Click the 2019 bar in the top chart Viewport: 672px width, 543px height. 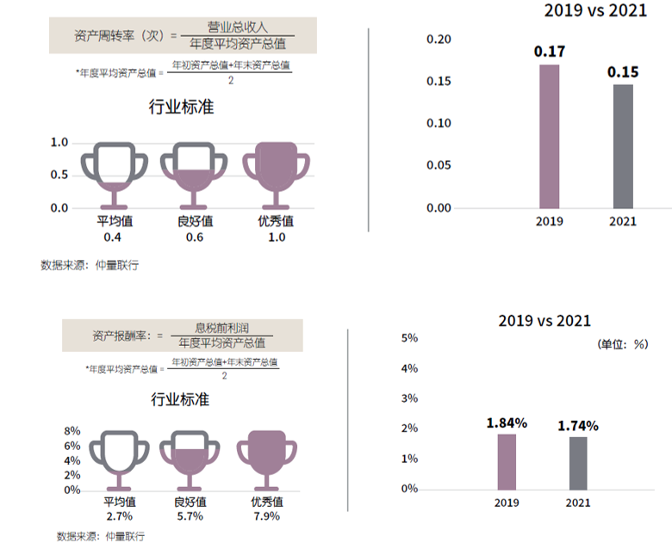pyautogui.click(x=549, y=136)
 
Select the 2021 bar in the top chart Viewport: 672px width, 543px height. pyautogui.click(x=623, y=146)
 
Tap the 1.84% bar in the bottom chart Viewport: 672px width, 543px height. pyautogui.click(x=507, y=461)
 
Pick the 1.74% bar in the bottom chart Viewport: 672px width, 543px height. pyautogui.click(x=578, y=463)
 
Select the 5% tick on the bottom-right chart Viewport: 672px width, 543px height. pyautogui.click(x=410, y=338)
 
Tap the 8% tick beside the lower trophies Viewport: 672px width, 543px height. pyautogui.click(x=72, y=430)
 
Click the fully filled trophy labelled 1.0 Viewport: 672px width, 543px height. pyautogui.click(x=276, y=172)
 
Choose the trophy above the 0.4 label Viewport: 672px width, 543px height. pyautogui.click(x=115, y=172)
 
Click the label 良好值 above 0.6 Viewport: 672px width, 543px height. pyautogui.click(x=196, y=222)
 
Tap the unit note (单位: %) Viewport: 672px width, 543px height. pyautogui.click(x=622, y=343)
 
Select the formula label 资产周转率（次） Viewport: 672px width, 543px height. pyautogui.click(x=119, y=35)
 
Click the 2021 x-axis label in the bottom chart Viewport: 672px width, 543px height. pyautogui.click(x=578, y=504)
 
